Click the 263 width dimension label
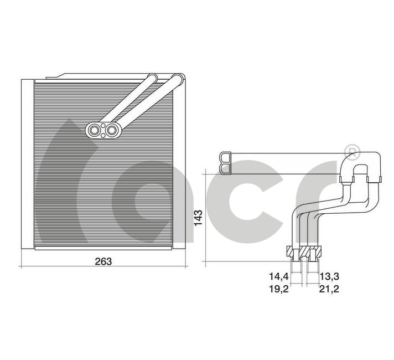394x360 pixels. coord(103,261)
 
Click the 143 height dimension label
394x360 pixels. coord(198,218)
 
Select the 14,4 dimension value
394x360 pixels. coord(279,276)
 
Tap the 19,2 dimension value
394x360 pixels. coord(279,289)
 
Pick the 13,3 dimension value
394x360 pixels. coord(329,276)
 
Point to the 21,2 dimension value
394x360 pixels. coord(329,289)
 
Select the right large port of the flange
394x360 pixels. coord(111,130)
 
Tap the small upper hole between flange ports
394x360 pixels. coord(103,126)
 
